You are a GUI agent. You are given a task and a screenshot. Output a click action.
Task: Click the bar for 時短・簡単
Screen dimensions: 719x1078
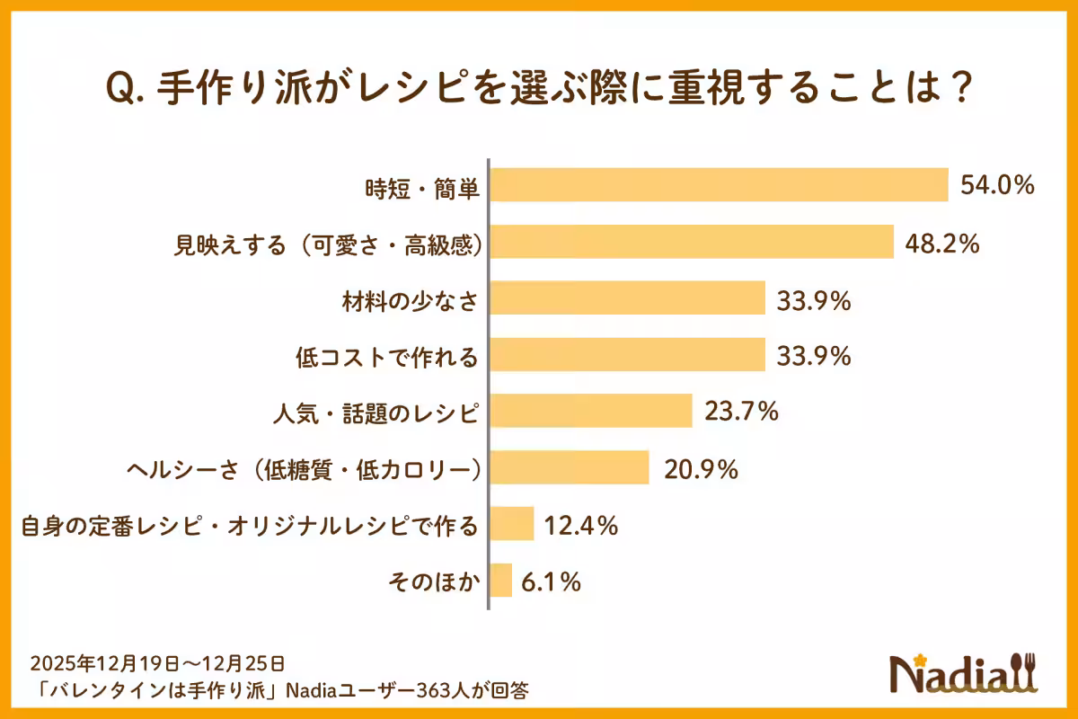click(x=719, y=185)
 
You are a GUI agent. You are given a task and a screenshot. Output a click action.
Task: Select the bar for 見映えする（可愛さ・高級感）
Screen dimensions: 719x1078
click(x=692, y=242)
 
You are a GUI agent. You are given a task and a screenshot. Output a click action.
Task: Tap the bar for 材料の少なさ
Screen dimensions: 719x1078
click(x=627, y=298)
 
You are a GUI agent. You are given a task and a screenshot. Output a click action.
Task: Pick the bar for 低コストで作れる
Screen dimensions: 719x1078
click(x=627, y=355)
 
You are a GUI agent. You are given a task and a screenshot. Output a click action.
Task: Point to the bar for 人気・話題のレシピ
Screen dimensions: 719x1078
click(x=591, y=412)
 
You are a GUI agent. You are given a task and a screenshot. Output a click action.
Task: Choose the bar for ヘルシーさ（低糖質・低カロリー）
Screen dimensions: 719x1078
click(x=570, y=467)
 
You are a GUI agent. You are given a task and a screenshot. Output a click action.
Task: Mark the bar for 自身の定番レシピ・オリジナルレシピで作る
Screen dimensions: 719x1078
click(x=512, y=524)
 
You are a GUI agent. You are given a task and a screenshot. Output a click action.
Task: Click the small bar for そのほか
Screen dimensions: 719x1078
click(x=501, y=581)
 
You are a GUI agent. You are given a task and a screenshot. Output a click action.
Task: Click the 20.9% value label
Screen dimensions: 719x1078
click(x=701, y=468)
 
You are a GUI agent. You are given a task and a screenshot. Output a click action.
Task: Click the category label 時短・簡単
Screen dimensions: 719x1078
click(x=422, y=188)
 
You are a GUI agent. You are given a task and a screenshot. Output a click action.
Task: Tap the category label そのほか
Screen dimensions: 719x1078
click(x=436, y=582)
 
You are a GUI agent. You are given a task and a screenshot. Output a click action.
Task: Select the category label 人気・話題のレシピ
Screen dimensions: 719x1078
click(x=375, y=413)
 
